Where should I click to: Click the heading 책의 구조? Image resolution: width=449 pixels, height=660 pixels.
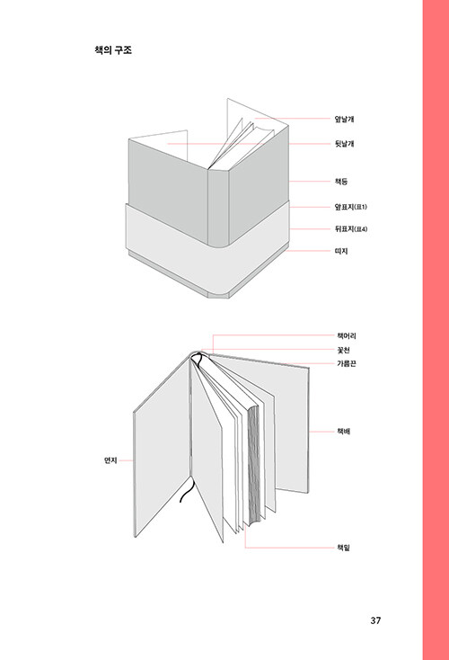(113, 50)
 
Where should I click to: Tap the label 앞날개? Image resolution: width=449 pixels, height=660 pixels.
(344, 119)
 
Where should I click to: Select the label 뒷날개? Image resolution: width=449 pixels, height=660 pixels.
(344, 144)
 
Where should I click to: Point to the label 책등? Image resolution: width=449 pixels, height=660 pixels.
(341, 182)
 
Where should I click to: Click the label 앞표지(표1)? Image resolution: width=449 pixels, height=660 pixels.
(350, 207)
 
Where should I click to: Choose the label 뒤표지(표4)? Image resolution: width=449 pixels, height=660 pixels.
(351, 229)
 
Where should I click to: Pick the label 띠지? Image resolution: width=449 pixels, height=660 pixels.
(341, 251)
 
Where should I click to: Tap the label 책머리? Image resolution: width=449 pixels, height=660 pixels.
(347, 336)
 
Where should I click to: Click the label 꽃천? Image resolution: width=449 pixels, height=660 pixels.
(343, 350)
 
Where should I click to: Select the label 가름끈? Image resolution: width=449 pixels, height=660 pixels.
(347, 363)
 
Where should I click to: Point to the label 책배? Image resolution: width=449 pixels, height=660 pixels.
(343, 432)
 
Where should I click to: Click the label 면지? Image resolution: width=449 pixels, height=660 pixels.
(110, 460)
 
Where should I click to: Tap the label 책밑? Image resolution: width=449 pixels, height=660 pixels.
(343, 548)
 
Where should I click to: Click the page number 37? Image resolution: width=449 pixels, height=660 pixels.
(375, 620)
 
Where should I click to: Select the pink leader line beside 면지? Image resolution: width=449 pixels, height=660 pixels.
(126, 460)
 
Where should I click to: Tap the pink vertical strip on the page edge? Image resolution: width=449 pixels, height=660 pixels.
(436, 330)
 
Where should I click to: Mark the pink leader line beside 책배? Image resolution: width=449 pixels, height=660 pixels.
(321, 432)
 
